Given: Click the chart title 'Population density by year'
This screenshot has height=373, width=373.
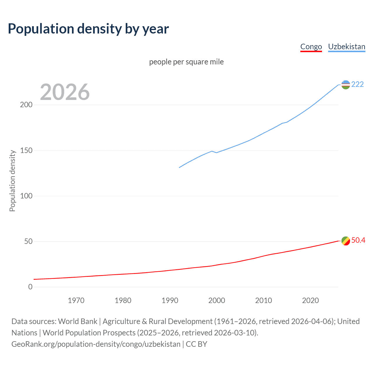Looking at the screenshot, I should pyautogui.click(x=88, y=29).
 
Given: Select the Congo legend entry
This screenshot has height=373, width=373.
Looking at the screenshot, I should pyautogui.click(x=311, y=47).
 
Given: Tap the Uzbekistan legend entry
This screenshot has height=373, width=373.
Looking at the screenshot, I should pyautogui.click(x=346, y=47).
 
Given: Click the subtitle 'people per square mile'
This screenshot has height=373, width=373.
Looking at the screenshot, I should pyautogui.click(x=186, y=62).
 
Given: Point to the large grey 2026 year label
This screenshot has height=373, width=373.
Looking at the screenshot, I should pyautogui.click(x=65, y=92).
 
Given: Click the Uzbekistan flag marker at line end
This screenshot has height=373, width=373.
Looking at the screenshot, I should pyautogui.click(x=346, y=85).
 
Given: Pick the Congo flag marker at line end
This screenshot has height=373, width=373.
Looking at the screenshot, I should pyautogui.click(x=346, y=241).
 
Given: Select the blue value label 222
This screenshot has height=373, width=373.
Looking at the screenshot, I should pyautogui.click(x=357, y=84).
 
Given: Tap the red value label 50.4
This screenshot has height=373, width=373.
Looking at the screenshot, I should pyautogui.click(x=358, y=240).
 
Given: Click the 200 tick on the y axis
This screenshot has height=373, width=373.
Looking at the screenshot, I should pyautogui.click(x=26, y=105).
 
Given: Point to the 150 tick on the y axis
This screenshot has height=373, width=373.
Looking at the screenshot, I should pyautogui.click(x=26, y=150).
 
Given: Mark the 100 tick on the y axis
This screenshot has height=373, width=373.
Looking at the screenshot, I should pyautogui.click(x=26, y=196).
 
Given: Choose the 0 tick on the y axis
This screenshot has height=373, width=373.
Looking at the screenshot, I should pyautogui.click(x=30, y=287).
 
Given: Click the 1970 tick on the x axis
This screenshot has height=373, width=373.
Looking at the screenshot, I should pyautogui.click(x=76, y=300).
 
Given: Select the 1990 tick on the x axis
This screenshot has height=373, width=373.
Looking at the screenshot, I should pyautogui.click(x=170, y=300).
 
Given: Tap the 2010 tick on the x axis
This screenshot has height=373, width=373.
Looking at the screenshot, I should pyautogui.click(x=263, y=300).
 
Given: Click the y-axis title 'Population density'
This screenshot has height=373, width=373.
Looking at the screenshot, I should pyautogui.click(x=12, y=181).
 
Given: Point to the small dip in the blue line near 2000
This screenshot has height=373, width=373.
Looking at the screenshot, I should pyautogui.click(x=216, y=152).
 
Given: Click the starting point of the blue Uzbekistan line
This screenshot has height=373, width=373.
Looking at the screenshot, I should pyautogui.click(x=179, y=167).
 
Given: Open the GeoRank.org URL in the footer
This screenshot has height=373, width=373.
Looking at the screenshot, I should pyautogui.click(x=96, y=344).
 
